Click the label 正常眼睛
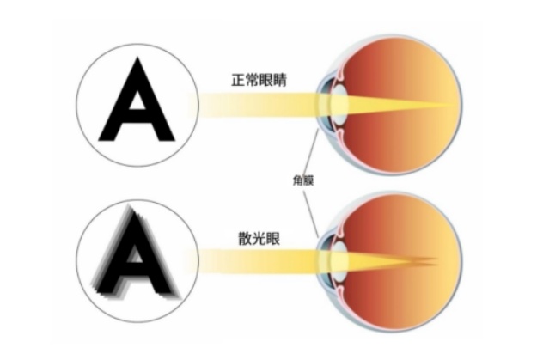click(x=259, y=80)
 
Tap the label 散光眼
click(x=259, y=238)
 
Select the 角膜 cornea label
click(x=303, y=180)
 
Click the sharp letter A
click(x=137, y=100)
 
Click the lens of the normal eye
click(x=339, y=105)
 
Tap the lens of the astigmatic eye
click(x=339, y=259)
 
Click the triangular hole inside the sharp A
click(x=137, y=101)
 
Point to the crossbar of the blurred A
click(x=136, y=266)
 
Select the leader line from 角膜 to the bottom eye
click(x=311, y=214)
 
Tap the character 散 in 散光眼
click(x=245, y=238)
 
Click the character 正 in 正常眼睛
click(x=238, y=80)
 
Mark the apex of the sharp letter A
click(x=137, y=58)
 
